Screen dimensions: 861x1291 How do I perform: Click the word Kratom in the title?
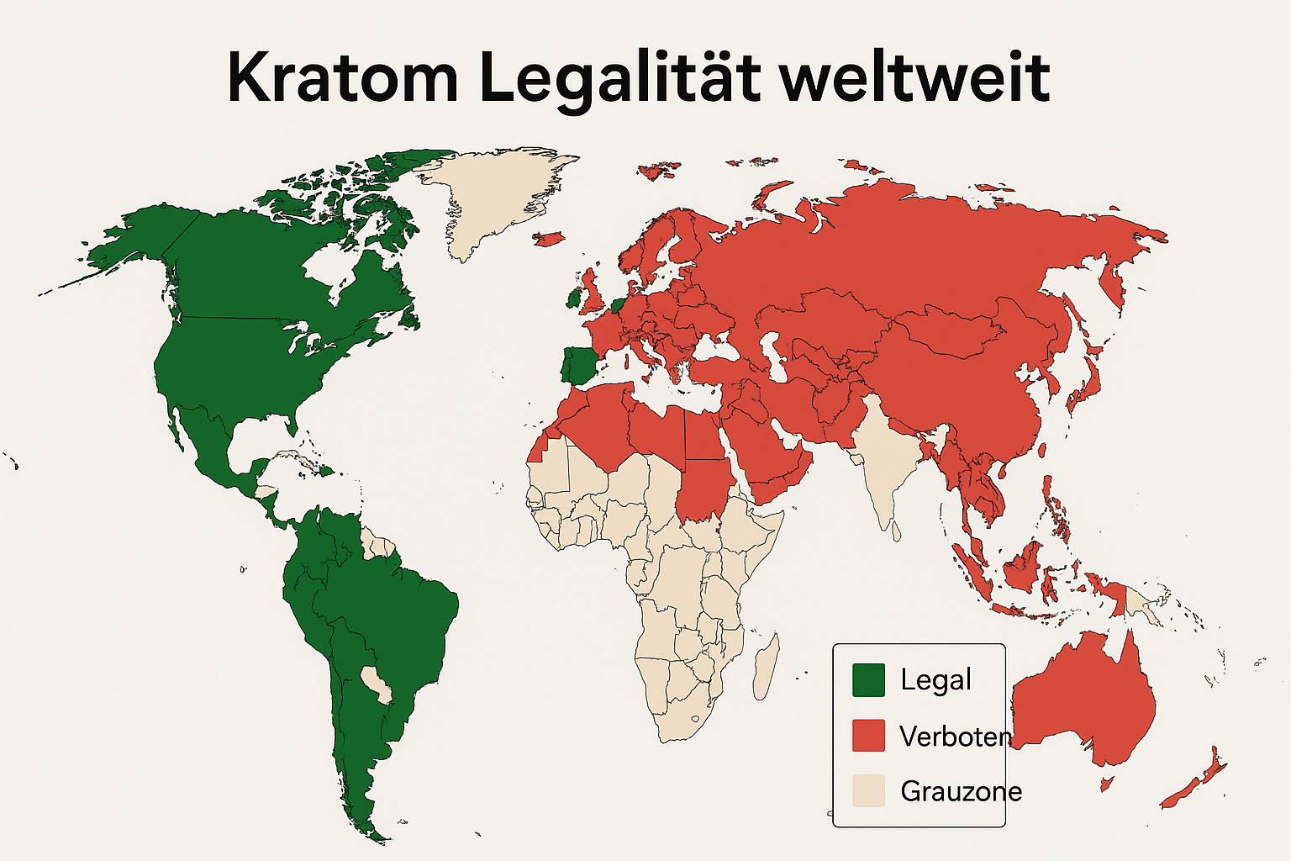342,77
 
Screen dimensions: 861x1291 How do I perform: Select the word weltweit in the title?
914,77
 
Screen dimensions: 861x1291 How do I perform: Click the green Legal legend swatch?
868,680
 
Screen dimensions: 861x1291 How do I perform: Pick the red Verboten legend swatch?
868,736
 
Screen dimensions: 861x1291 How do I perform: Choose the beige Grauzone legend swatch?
868,791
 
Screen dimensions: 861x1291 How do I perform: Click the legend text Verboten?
955,737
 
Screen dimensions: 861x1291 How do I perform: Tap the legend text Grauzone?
961,791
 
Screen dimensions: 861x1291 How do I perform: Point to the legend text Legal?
935,680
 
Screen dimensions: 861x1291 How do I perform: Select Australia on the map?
1084,706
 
